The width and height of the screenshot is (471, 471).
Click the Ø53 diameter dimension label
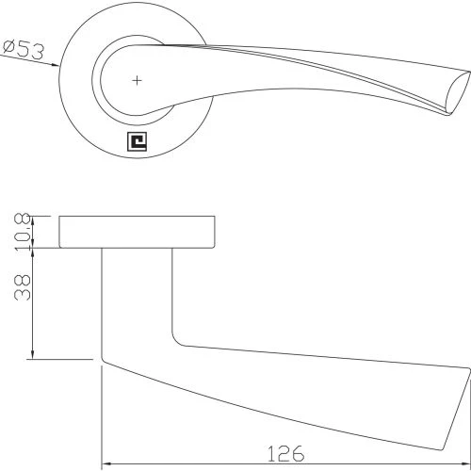coord(24,50)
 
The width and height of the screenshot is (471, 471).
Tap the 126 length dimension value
coord(285,453)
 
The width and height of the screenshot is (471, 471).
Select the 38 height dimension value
coord(23,287)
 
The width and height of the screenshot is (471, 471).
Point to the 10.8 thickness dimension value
coord(23,232)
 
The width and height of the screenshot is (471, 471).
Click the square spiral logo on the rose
coord(137,141)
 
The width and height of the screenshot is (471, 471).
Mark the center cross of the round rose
coord(137,81)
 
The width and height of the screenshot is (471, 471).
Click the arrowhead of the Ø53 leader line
coord(56,64)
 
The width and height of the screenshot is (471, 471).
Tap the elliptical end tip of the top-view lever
coord(459,92)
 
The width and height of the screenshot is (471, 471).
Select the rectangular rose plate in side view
coord(137,232)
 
